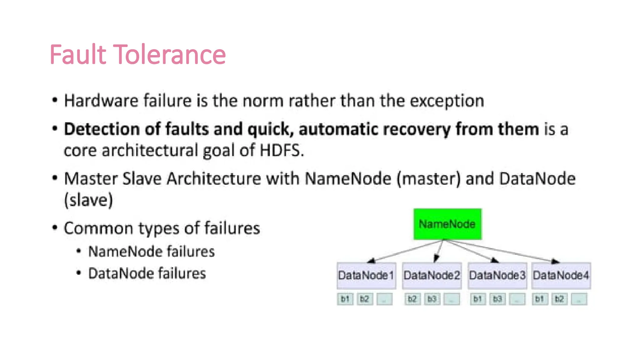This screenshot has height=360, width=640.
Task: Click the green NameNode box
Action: pos(447,224)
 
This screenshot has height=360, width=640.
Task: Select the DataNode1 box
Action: pos(366,275)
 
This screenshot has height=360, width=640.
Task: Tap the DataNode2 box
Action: pos(432,275)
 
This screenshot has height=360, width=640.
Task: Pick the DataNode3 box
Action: pos(497,275)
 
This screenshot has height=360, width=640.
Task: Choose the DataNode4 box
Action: pos(561,275)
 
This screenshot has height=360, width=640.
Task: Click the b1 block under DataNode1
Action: pos(345,299)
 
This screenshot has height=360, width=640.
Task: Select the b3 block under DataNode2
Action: pos(432,299)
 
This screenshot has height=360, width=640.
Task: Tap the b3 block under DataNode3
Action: pos(497,299)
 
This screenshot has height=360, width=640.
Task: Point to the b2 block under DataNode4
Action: pos(559,299)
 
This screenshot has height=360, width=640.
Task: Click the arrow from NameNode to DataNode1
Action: pos(406,251)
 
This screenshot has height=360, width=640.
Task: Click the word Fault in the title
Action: pos(78,55)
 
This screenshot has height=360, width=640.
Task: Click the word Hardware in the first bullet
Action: pos(101,101)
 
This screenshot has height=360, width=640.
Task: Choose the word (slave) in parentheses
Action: pos(88,200)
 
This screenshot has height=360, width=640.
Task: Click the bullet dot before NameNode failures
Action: pos(79,251)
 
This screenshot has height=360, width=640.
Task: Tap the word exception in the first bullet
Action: pos(447,101)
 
